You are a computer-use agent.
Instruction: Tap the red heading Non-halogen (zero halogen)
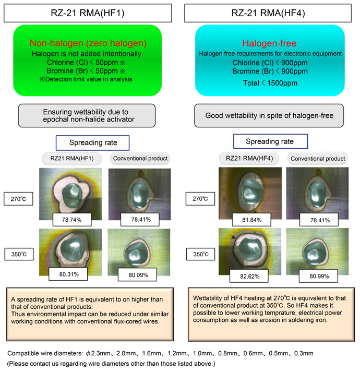[x=88, y=43]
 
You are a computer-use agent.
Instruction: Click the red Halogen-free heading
[x=269, y=43]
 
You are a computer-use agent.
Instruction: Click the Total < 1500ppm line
[x=269, y=82]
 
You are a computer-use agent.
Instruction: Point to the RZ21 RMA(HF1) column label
[x=66, y=158]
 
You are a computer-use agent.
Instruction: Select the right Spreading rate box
[x=269, y=141]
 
